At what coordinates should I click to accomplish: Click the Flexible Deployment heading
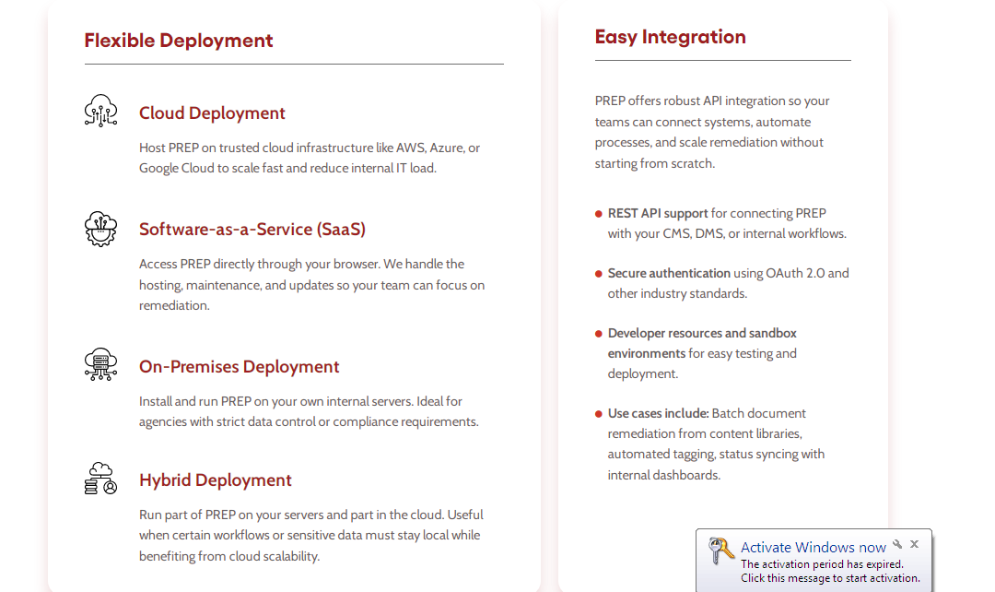click(179, 41)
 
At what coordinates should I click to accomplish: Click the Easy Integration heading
click(670, 37)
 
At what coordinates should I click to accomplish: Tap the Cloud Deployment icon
click(101, 112)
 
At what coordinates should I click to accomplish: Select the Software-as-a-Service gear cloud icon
click(101, 229)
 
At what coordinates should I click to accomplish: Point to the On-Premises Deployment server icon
click(101, 364)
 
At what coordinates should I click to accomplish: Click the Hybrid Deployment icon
click(101, 479)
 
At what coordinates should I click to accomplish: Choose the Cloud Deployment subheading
click(212, 113)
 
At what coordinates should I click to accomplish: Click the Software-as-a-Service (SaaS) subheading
click(252, 230)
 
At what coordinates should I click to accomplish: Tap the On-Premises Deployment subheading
click(240, 366)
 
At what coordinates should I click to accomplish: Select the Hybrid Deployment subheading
click(215, 480)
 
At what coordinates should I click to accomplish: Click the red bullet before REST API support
click(599, 214)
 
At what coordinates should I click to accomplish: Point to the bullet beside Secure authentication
click(599, 274)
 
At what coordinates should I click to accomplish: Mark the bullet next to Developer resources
click(599, 334)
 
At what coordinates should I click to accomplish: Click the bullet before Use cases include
click(599, 413)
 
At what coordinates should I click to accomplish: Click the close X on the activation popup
click(915, 544)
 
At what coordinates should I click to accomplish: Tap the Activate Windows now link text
click(813, 547)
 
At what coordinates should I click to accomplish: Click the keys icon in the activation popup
click(720, 551)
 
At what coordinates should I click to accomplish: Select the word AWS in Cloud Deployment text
click(410, 148)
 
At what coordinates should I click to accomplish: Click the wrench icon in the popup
click(897, 544)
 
